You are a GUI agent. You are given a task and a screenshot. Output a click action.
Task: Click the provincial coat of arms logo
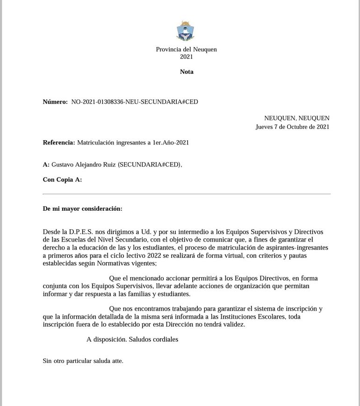[186, 31]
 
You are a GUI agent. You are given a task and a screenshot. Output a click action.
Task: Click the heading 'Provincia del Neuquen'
[186, 49]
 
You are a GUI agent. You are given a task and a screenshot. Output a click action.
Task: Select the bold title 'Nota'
[187, 71]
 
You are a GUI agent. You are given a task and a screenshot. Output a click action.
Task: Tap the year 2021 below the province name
[186, 57]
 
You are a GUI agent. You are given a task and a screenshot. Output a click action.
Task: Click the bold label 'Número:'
[55, 101]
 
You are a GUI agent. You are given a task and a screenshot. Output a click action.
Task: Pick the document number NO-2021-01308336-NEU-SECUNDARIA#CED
[135, 101]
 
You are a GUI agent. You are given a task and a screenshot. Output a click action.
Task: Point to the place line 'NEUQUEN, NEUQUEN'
[296, 118]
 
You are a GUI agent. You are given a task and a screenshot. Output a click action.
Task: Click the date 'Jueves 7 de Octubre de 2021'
[292, 127]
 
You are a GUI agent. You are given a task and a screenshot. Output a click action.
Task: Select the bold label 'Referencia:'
[58, 142]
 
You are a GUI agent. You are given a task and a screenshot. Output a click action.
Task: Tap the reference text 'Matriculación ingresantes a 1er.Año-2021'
[133, 142]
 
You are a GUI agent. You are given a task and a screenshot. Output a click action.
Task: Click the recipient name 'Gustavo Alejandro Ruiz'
[83, 164]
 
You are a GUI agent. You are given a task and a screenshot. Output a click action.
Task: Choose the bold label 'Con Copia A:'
[62, 179]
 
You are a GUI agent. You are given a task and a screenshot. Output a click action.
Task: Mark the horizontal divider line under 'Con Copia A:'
[186, 193]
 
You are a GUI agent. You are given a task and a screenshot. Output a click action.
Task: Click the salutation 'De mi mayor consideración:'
[82, 208]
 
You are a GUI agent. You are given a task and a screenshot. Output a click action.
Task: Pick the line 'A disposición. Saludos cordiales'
[132, 339]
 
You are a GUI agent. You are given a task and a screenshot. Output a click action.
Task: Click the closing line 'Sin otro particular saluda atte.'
[83, 361]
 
